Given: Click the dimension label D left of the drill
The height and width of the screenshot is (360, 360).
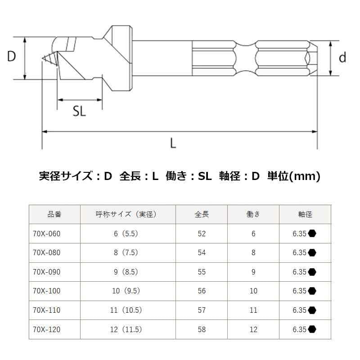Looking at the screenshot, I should (x=12, y=57).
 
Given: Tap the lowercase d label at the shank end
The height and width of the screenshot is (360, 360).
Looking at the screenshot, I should (x=342, y=58).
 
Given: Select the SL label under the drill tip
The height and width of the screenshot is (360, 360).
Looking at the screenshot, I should (x=79, y=112).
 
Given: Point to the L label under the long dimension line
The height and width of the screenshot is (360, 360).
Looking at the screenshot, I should (x=173, y=143).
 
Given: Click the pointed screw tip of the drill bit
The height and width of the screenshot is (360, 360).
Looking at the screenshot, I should (x=43, y=59).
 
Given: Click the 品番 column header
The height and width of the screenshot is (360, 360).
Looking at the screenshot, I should (x=54, y=214).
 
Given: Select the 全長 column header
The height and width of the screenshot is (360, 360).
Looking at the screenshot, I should (x=202, y=214).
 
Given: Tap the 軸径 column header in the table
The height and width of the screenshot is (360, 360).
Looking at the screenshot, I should (x=305, y=214).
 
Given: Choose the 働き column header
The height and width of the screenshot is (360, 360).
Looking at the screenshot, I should (x=253, y=214).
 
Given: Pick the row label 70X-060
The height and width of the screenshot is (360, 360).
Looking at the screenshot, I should (x=46, y=234).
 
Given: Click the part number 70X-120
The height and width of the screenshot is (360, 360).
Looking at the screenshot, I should (x=46, y=330).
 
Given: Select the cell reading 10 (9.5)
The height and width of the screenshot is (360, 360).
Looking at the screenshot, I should (x=128, y=291).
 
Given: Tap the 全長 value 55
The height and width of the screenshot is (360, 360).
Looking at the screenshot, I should (x=202, y=272).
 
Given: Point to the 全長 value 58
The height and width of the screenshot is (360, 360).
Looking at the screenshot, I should (x=202, y=330).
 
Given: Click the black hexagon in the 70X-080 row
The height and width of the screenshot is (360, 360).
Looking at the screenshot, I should (x=312, y=253).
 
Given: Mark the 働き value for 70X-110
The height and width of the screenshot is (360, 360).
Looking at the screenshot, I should (x=253, y=310).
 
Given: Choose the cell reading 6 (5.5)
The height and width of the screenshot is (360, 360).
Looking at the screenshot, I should (x=128, y=234).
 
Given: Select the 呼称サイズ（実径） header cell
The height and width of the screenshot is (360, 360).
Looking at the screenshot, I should (x=128, y=214).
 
